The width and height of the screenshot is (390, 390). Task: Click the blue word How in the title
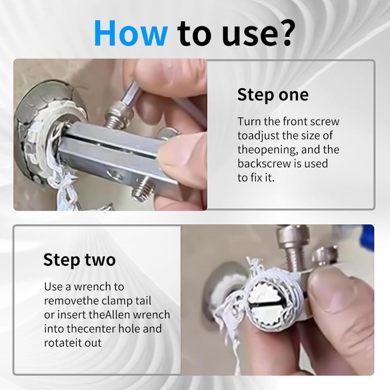[131, 33]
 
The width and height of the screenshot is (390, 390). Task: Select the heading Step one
[273, 95]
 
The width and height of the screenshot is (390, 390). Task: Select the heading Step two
[80, 260]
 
